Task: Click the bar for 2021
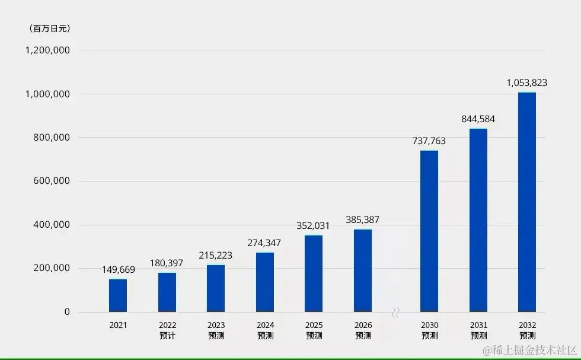[x=118, y=295]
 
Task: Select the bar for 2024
[x=265, y=282]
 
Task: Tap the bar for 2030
[x=429, y=231]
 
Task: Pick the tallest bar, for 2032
[x=526, y=202]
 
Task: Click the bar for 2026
[x=363, y=270]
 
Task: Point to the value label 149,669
[x=118, y=270]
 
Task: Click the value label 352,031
[x=314, y=225]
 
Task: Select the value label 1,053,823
[x=526, y=83]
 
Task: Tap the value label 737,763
[x=429, y=141]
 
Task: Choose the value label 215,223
[x=216, y=256]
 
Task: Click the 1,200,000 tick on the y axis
[x=47, y=50]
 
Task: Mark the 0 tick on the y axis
[x=67, y=312]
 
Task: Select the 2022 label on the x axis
[x=167, y=326]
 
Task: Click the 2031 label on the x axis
[x=478, y=326]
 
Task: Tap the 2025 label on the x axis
[x=314, y=326]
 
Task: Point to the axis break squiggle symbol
[x=395, y=313]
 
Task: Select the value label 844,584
[x=478, y=119]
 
